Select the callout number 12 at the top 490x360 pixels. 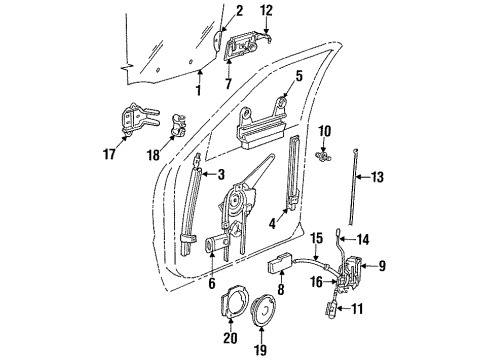coord(267,10)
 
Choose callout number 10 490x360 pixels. coord(325,132)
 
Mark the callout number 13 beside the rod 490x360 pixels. coord(377,179)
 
